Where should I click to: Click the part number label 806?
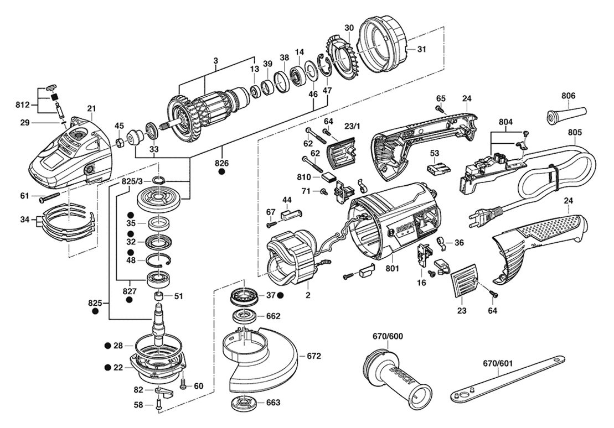tap(568, 95)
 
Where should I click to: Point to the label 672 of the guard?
tap(314, 356)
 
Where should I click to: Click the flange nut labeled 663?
tap(240, 402)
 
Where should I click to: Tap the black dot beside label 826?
tap(221, 172)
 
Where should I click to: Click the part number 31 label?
tap(421, 49)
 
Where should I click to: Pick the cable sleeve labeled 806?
tap(559, 119)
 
